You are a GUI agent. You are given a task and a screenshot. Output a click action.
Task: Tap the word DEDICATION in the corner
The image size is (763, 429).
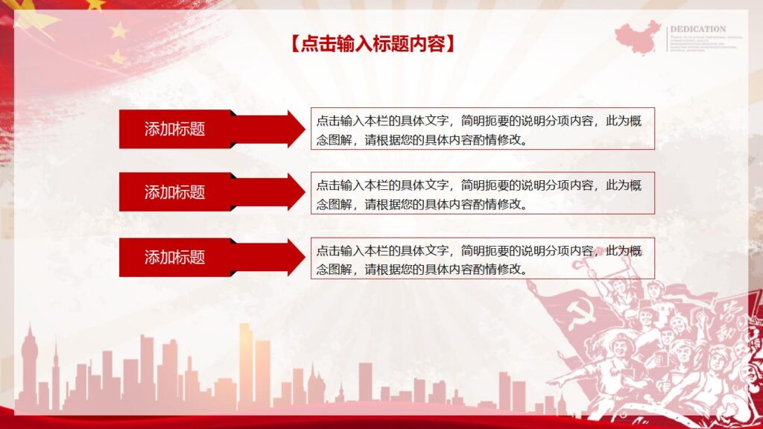(x=698, y=29)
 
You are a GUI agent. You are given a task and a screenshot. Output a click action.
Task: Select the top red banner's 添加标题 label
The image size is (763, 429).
(x=174, y=129)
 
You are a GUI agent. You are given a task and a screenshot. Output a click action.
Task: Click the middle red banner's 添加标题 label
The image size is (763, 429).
(x=174, y=192)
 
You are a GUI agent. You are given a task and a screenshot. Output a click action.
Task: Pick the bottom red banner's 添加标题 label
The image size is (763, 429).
(x=174, y=257)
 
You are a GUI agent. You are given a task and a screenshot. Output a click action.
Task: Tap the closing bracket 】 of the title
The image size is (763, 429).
(x=449, y=44)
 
